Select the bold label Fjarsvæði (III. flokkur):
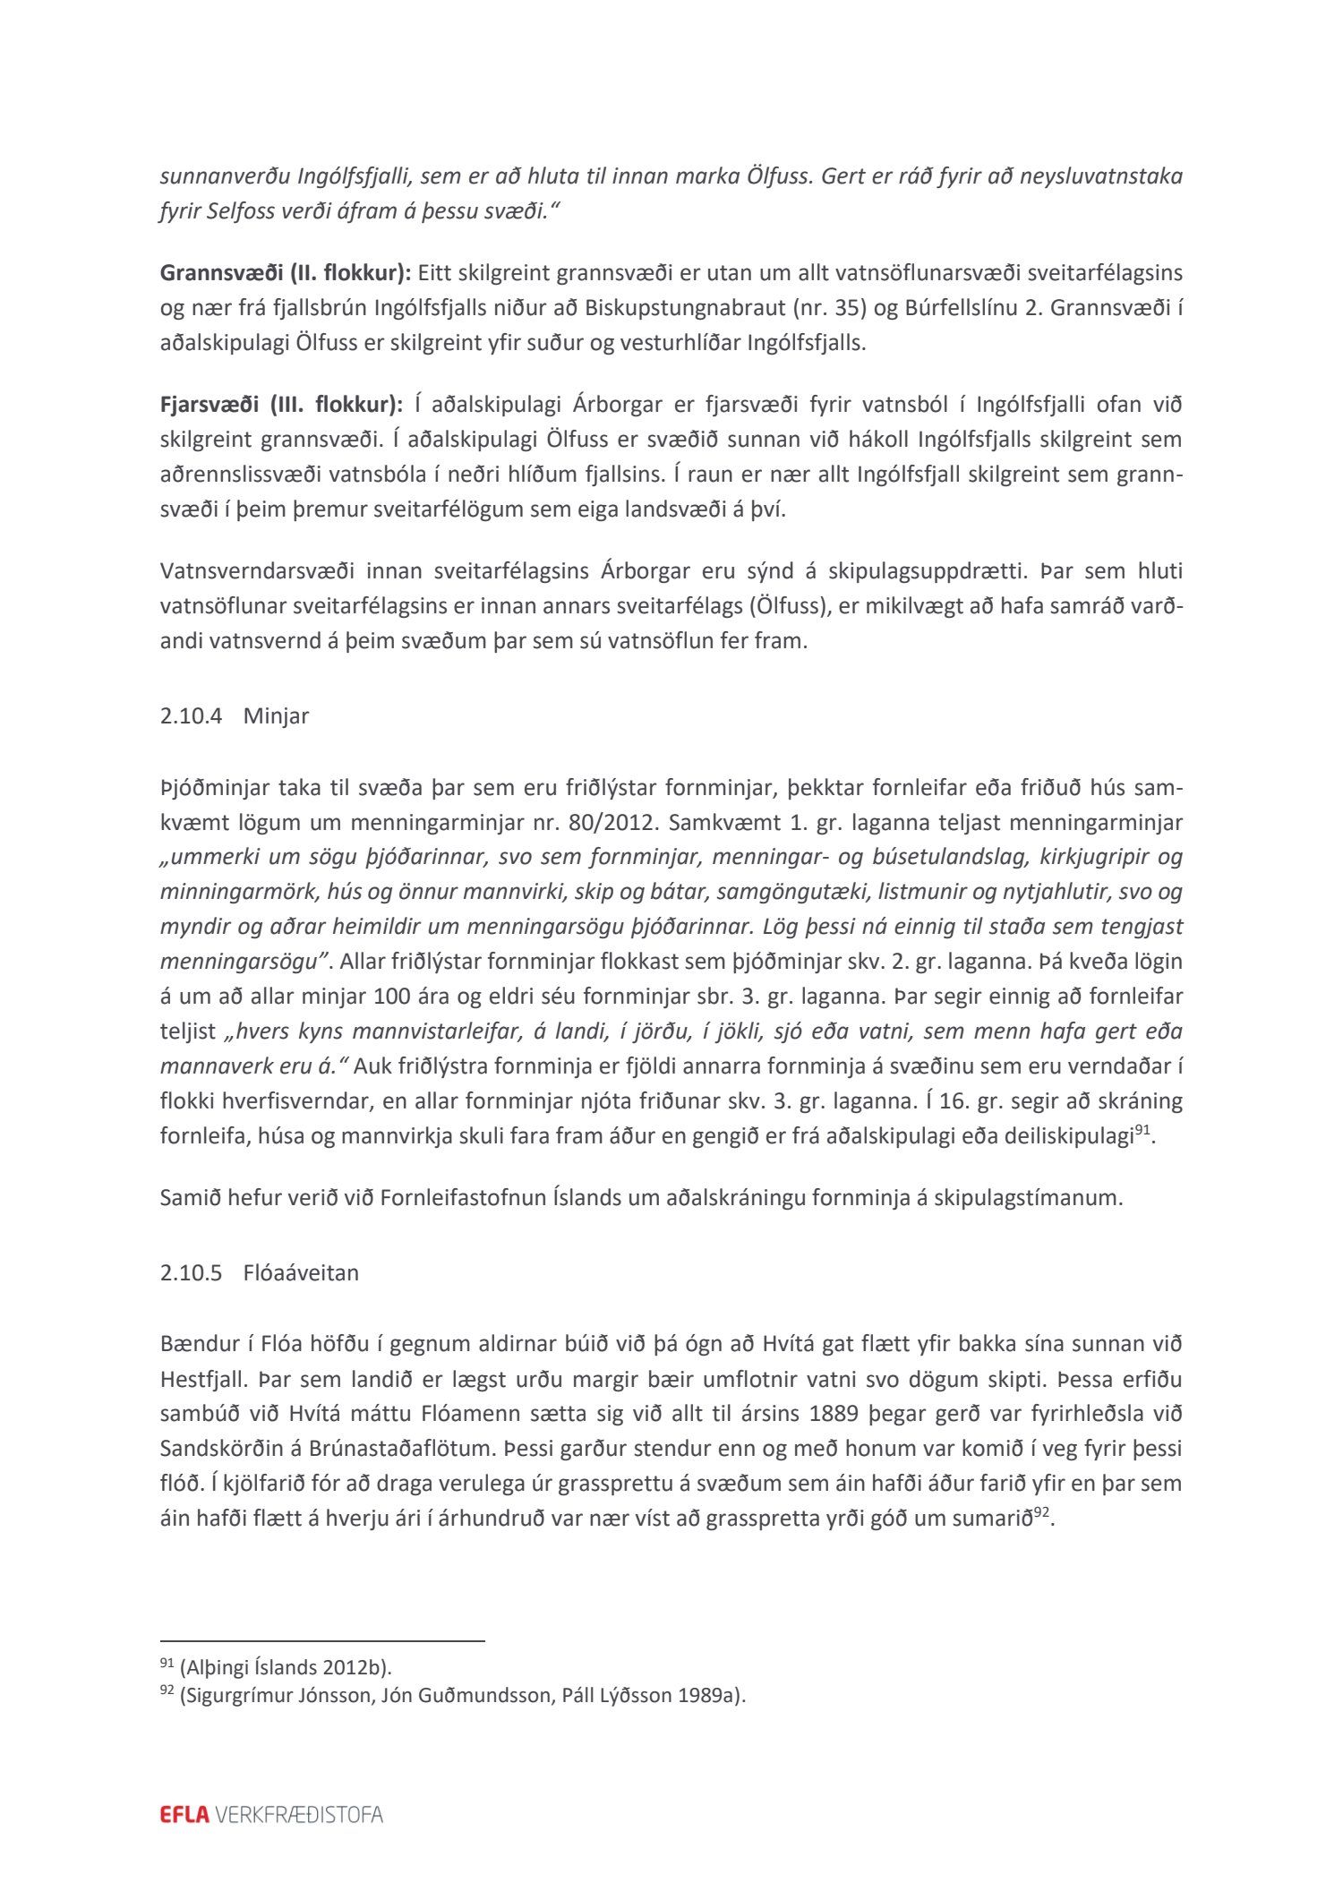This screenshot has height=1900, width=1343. tap(281, 405)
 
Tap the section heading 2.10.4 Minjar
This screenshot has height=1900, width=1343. tap(235, 716)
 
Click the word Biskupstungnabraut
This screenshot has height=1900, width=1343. tap(686, 308)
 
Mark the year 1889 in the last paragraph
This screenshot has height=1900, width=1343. tap(838, 1414)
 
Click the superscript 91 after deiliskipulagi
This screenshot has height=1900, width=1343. tap(1142, 1130)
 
